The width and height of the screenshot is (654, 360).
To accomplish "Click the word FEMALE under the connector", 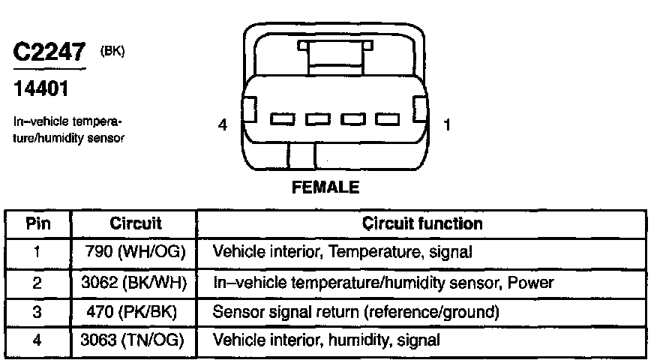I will [x=325, y=187].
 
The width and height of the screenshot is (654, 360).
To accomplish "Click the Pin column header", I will [x=37, y=223].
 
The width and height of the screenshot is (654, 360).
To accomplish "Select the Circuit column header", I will [x=136, y=223].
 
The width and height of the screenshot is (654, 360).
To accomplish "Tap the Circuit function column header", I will [x=422, y=223].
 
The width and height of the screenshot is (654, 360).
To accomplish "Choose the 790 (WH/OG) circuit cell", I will [x=136, y=252].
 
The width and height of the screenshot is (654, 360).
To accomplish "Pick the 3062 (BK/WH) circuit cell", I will [x=136, y=282].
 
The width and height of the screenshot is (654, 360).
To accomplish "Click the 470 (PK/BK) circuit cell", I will [x=136, y=310].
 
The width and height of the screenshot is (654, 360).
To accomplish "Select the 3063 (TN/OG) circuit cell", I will [x=136, y=340].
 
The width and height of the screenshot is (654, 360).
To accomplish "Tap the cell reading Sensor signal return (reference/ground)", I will [x=356, y=310].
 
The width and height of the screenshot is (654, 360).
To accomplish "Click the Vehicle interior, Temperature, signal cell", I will [x=343, y=252].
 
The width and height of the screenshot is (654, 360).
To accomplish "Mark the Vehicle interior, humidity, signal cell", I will [x=326, y=340].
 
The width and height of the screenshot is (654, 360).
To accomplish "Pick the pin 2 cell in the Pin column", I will [x=37, y=282].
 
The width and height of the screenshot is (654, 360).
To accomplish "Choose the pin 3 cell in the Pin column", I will [x=37, y=310].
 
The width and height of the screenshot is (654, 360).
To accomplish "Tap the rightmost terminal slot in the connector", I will [x=388, y=118].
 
